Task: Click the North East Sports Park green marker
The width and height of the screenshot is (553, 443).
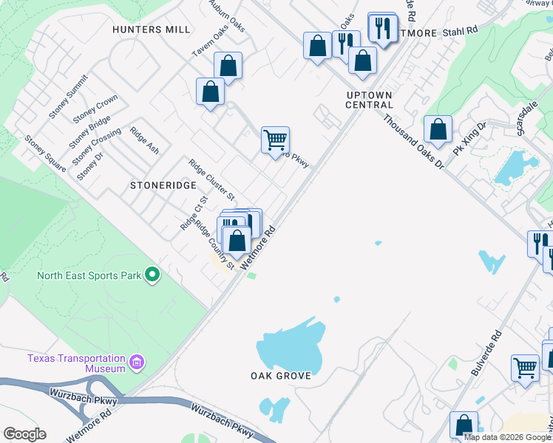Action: [x=152, y=275]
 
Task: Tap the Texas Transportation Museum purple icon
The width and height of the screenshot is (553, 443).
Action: [x=135, y=363]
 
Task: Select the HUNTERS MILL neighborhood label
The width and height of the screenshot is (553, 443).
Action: [x=152, y=30]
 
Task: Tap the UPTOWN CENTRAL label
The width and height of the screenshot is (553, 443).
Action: [x=369, y=100]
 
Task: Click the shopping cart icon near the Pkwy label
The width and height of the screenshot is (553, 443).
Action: [x=275, y=140]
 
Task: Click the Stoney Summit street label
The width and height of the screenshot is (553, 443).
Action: [x=69, y=96]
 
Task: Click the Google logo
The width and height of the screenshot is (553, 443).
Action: [x=24, y=433]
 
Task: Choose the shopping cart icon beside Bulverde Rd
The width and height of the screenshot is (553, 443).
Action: [x=525, y=367]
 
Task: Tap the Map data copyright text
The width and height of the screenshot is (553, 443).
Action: [x=508, y=437]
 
